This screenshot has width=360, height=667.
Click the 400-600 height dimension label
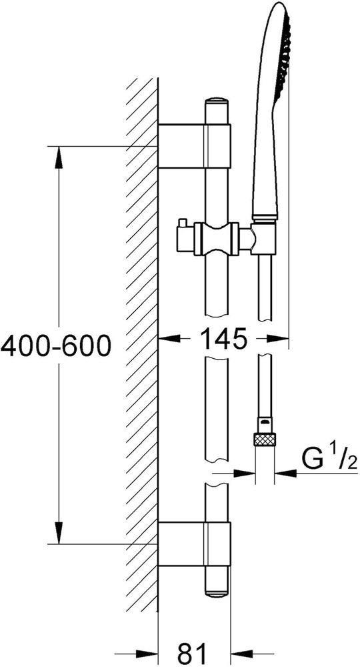(x=56, y=345)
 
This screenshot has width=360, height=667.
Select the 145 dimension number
(x=223, y=339)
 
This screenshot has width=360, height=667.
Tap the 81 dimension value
(x=195, y=654)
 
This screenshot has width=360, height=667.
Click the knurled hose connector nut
(x=265, y=439)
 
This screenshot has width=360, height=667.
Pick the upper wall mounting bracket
(x=194, y=146)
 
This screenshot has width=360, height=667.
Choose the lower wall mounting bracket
(x=194, y=544)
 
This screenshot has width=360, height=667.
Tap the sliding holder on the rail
(x=217, y=239)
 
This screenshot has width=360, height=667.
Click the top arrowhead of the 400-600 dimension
(x=59, y=157)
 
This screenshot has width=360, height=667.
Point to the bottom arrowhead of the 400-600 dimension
(x=59, y=532)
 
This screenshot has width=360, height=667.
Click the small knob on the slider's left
(x=183, y=223)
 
